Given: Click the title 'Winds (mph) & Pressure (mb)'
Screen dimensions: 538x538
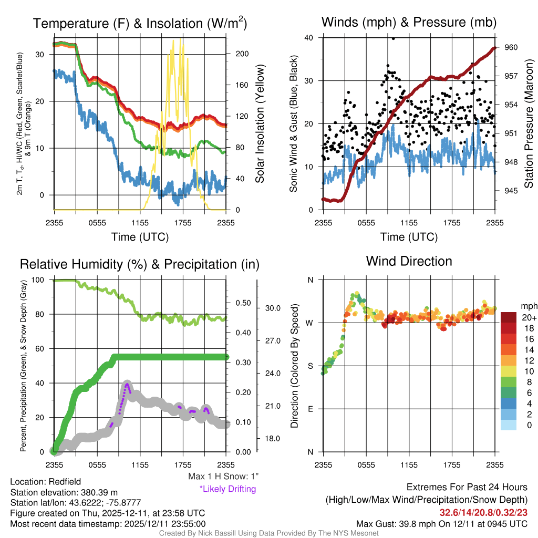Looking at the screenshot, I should [x=409, y=22].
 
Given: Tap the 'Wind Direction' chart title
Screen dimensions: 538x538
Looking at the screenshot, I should [x=409, y=261].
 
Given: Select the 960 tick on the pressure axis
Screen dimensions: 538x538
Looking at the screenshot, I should [x=512, y=47].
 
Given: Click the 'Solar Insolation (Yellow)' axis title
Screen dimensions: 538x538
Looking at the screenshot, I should [x=260, y=124].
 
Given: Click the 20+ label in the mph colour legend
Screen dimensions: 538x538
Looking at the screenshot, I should [x=528, y=317].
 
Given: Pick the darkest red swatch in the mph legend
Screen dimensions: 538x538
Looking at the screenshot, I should [x=509, y=317].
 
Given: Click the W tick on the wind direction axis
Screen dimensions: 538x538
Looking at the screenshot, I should [x=309, y=323].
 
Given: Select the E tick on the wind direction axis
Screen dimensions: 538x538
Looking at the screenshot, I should [x=310, y=409].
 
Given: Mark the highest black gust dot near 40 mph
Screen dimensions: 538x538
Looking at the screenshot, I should [x=393, y=38].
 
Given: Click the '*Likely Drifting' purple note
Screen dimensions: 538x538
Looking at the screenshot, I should [x=227, y=489].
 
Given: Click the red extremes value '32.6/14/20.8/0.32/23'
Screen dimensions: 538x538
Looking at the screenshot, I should [x=483, y=512].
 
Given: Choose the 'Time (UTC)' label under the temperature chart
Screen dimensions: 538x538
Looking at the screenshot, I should [x=140, y=237].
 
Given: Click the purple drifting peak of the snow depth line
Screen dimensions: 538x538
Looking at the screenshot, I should [x=127, y=384].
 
